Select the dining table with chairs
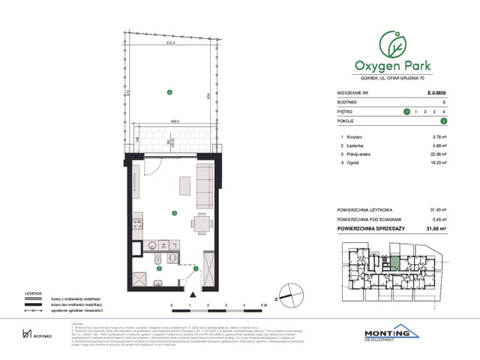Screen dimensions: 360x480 [200, 223]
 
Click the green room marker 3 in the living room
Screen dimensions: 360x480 [174, 213]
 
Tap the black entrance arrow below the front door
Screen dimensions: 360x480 [193, 293]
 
